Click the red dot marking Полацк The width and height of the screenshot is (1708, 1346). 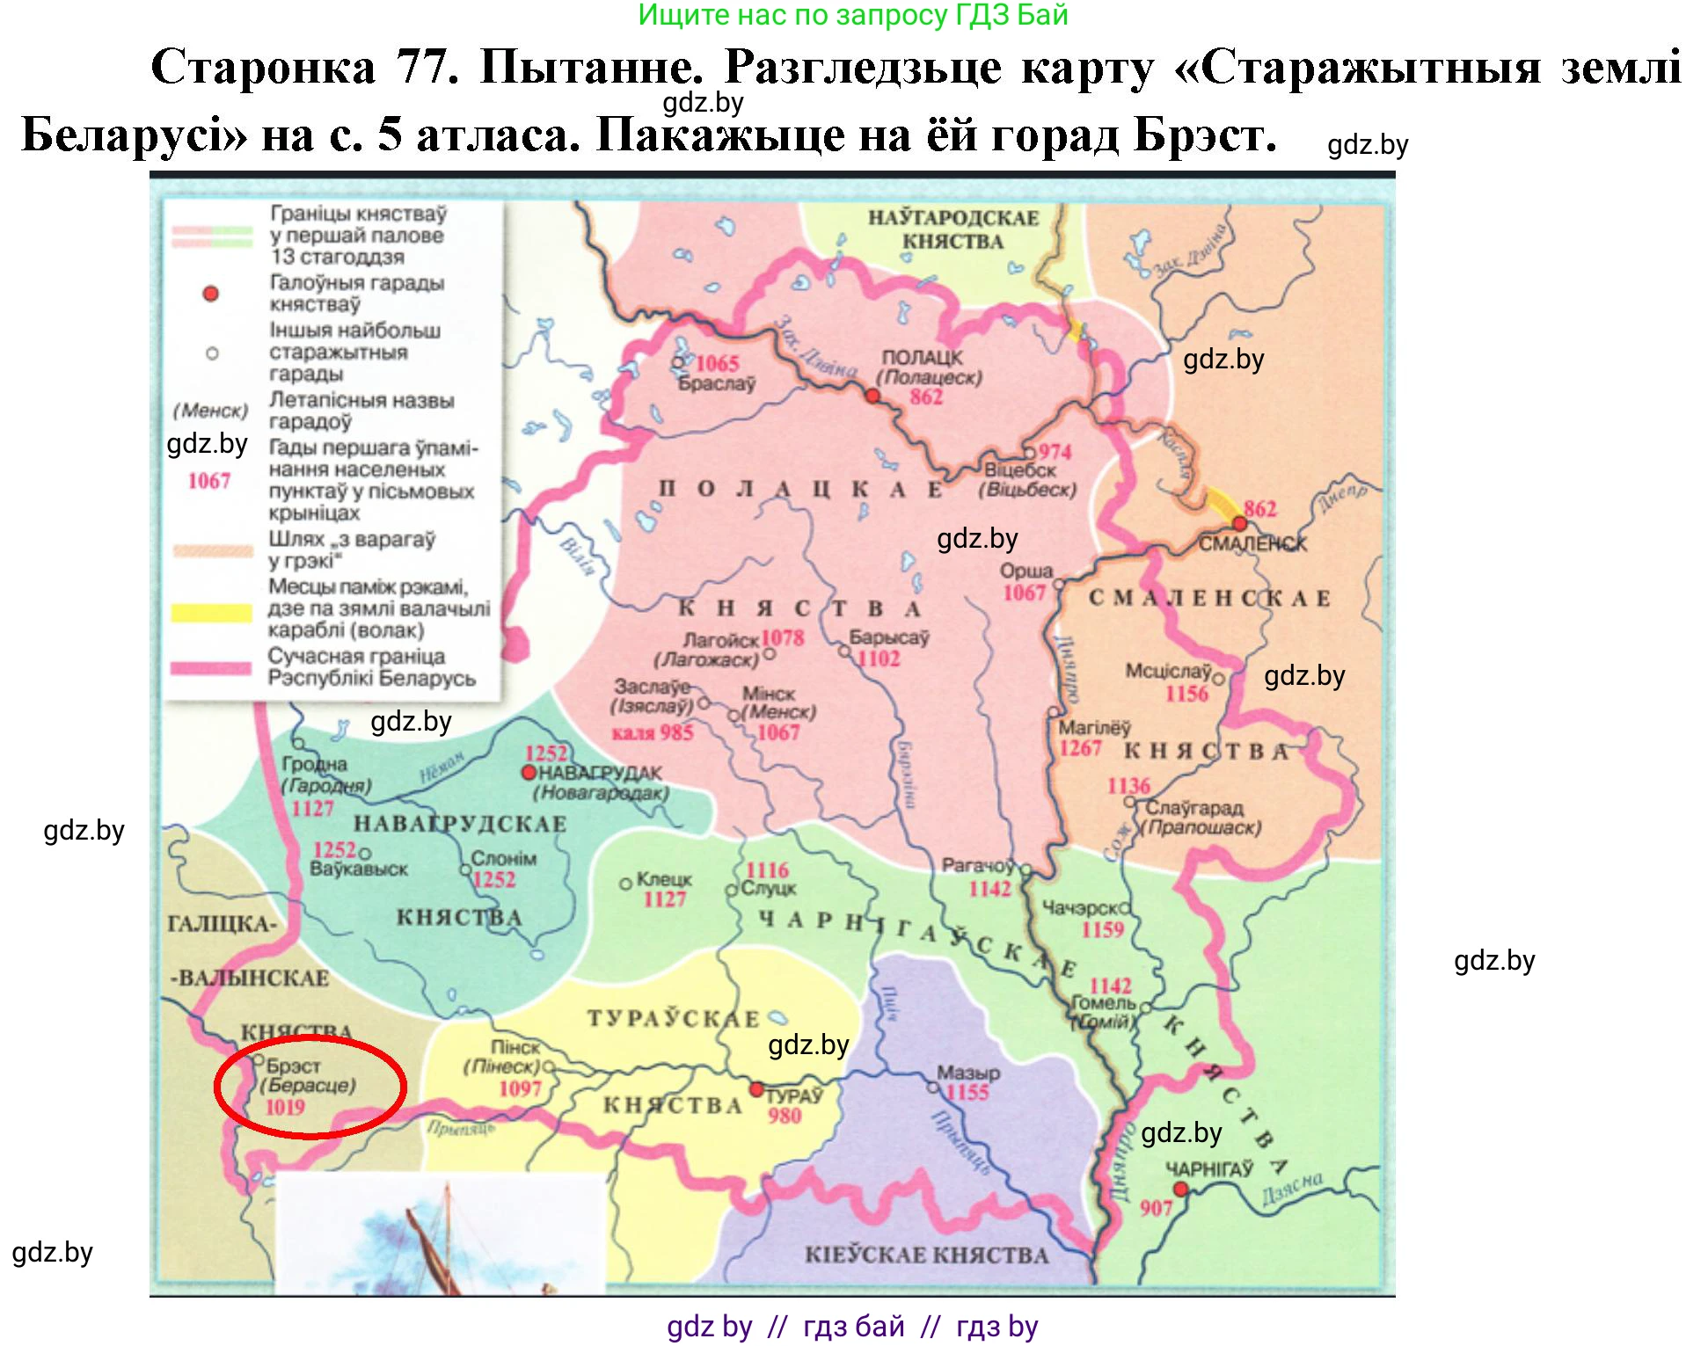872,397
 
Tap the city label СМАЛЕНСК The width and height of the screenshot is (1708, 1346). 1252,544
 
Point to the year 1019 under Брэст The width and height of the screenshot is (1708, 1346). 285,1108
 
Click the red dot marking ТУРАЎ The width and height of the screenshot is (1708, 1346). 755,1089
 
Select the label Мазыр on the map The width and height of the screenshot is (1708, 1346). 967,1073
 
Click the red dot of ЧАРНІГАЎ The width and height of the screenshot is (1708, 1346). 1180,1190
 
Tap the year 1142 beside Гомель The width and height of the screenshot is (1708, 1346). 1110,986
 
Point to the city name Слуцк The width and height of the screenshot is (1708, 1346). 768,889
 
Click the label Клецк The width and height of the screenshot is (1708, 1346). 664,879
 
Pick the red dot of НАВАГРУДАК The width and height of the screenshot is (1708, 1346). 529,773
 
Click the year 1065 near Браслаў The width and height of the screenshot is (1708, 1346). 717,363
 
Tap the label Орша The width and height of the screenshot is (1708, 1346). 1026,571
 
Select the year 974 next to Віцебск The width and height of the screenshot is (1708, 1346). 1055,452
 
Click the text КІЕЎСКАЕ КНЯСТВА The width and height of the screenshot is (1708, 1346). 926,1255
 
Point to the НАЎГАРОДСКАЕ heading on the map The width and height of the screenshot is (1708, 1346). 953,218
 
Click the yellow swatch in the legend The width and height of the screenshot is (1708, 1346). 211,613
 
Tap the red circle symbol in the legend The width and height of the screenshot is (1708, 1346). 210,294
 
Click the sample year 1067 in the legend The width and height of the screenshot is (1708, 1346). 209,481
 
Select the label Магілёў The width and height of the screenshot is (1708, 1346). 1094,728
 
